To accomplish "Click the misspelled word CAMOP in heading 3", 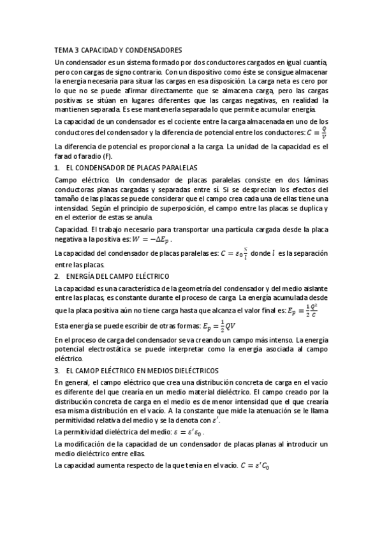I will [x=92, y=371].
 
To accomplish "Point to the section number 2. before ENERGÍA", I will [x=57, y=277].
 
